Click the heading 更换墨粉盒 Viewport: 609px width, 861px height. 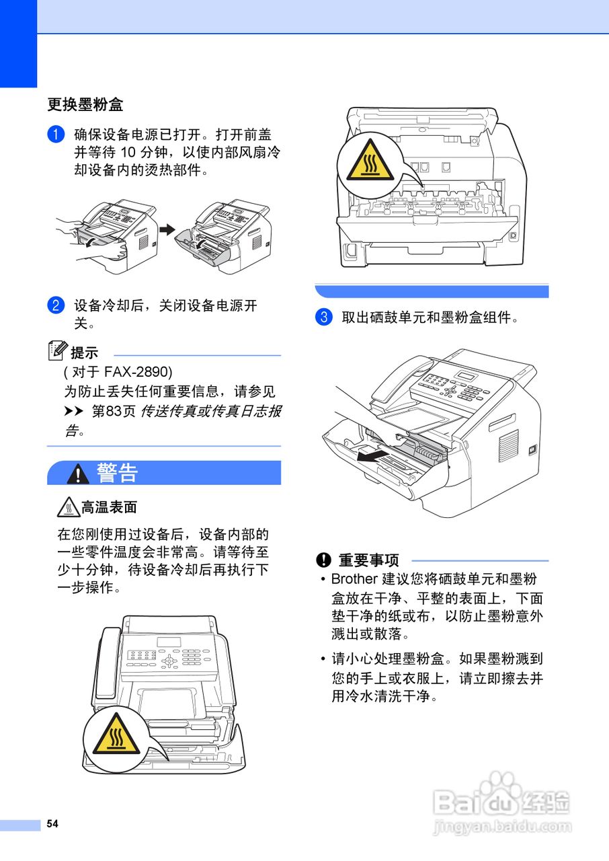pyautogui.click(x=85, y=106)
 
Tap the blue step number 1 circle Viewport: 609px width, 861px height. pyautogui.click(x=55, y=135)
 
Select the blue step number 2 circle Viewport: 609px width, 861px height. pyautogui.click(x=55, y=305)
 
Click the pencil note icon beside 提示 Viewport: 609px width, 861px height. pyautogui.click(x=58, y=350)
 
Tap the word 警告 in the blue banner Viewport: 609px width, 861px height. pyautogui.click(x=118, y=473)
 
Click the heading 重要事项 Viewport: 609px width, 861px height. pyautogui.click(x=368, y=560)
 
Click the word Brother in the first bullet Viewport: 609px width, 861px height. pyautogui.click(x=354, y=579)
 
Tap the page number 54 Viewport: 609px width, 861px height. pyautogui.click(x=52, y=824)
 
